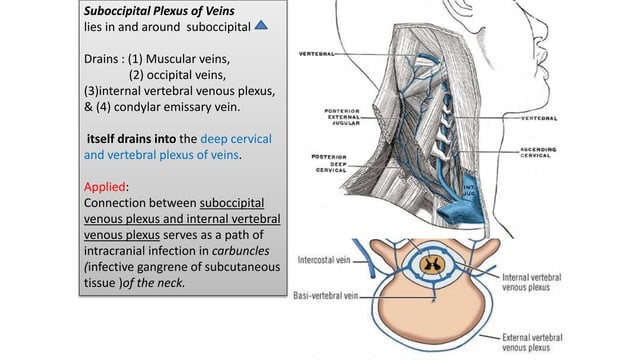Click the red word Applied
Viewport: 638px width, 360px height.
(x=105, y=186)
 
